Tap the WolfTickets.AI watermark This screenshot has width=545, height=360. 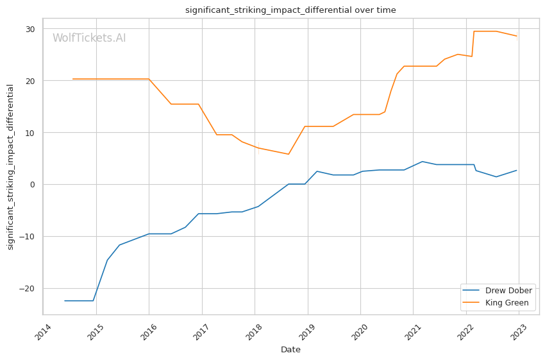89,38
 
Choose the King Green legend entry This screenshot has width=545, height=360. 507,303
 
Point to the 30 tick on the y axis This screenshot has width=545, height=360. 31,29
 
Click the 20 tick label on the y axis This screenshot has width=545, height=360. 31,81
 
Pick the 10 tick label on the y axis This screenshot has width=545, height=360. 31,133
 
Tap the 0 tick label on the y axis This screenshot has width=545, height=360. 33,185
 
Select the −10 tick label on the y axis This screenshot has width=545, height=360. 29,237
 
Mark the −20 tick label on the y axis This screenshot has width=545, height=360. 29,289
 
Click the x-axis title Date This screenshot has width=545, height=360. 290,350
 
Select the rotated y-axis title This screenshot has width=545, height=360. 10,167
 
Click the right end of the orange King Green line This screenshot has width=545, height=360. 517,36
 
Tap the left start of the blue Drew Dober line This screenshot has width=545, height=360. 65,301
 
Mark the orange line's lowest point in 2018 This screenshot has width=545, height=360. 289,154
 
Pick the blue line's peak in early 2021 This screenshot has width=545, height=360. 422,162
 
